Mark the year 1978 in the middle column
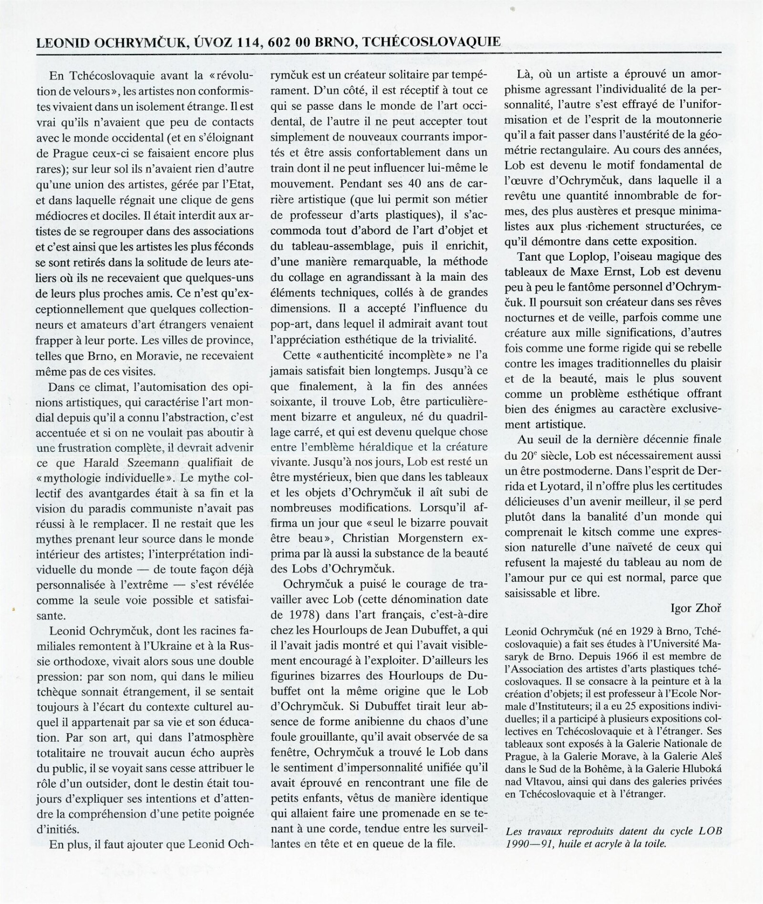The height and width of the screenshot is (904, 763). (x=294, y=614)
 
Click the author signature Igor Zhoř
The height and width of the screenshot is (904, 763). (x=696, y=608)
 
